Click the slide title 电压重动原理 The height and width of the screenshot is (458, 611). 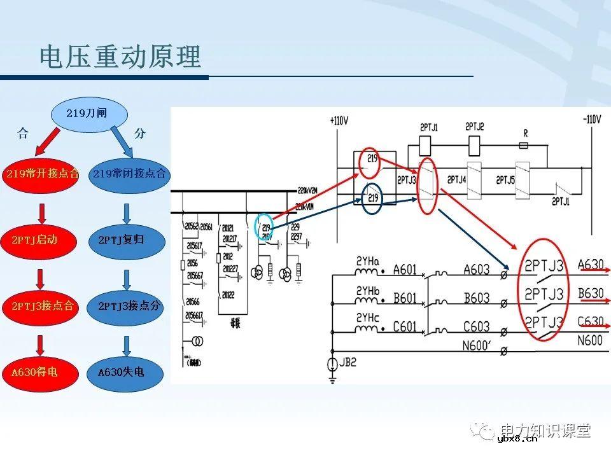click(x=120, y=57)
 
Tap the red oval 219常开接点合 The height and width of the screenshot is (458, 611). click(x=43, y=174)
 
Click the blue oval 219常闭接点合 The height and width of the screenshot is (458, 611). click(x=129, y=174)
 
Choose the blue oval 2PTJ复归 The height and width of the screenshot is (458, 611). click(x=127, y=240)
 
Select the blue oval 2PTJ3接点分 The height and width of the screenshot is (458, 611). click(x=129, y=307)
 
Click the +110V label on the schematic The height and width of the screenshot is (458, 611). click(x=339, y=120)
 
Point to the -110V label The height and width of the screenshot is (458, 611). click(x=591, y=120)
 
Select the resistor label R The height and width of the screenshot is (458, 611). click(x=525, y=134)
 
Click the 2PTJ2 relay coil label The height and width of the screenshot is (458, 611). click(x=475, y=127)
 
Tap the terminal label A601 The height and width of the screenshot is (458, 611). click(x=405, y=270)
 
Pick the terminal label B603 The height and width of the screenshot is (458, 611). click(x=476, y=298)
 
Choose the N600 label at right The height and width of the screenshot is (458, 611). click(x=589, y=341)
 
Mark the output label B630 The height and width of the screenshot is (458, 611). click(x=589, y=293)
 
